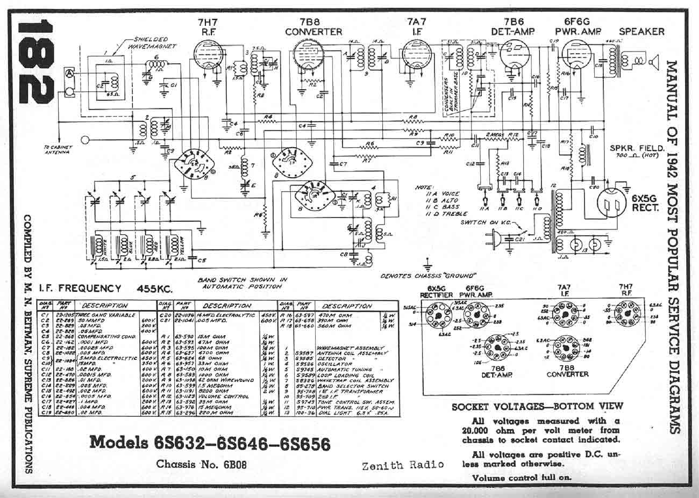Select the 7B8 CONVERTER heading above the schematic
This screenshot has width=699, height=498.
313,27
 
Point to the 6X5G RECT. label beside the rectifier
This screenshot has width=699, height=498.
648,202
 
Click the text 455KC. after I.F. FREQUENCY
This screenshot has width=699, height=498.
155,289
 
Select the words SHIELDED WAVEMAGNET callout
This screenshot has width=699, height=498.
148,43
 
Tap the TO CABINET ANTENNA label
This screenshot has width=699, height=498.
56,149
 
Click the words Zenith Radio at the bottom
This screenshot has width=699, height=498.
403,465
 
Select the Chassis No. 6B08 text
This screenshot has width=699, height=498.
202,464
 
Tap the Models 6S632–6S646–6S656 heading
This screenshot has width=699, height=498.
209,442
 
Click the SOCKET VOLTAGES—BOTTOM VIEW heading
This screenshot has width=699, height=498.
537,407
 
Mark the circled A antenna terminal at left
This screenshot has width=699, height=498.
68,72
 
